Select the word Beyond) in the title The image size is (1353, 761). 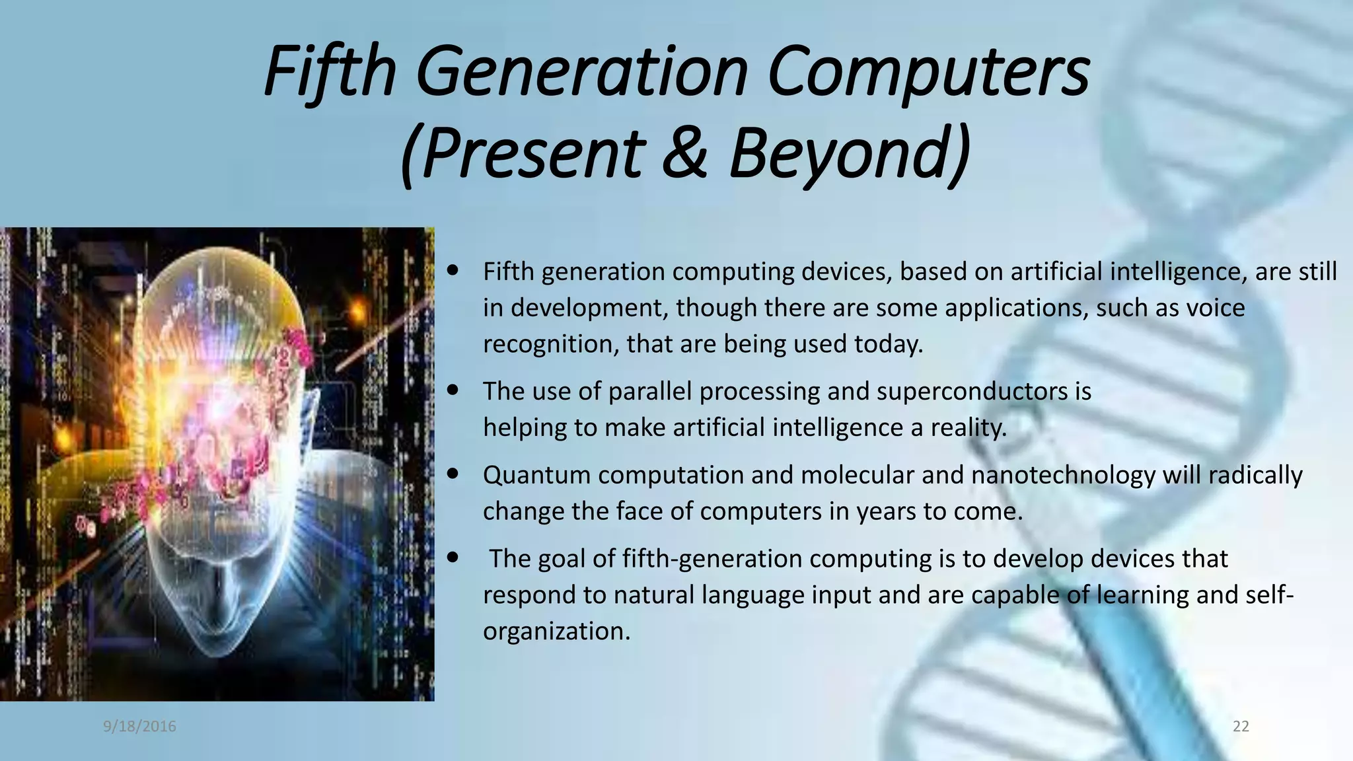(x=850, y=153)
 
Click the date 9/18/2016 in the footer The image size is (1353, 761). (x=139, y=727)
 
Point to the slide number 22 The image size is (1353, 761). (x=1241, y=727)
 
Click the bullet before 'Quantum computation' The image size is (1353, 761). (x=453, y=474)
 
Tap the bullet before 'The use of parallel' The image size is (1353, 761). (x=453, y=390)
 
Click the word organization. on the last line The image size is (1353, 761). (x=556, y=631)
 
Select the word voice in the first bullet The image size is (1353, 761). (x=1214, y=308)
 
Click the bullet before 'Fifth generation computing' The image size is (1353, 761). (x=453, y=270)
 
